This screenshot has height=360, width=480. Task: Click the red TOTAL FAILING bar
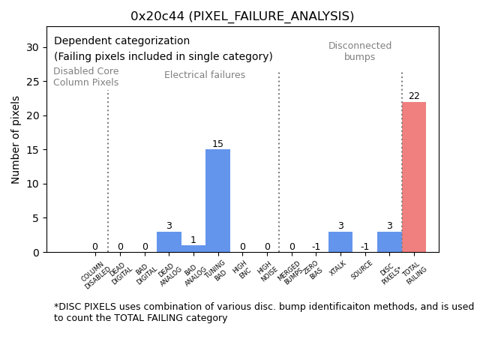pyautogui.click(x=414, y=177)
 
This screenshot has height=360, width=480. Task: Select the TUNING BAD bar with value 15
pyautogui.click(x=217, y=201)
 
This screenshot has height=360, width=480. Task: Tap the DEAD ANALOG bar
pyautogui.click(x=169, y=242)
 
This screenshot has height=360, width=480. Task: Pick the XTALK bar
pyautogui.click(x=340, y=242)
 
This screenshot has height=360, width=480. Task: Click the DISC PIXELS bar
pyautogui.click(x=389, y=242)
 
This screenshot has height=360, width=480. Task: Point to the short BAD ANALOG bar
pyautogui.click(x=193, y=249)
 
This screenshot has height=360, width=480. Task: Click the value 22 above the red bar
pyautogui.click(x=414, y=96)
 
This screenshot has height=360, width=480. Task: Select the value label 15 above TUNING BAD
pyautogui.click(x=217, y=144)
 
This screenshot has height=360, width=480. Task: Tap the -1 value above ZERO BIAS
pyautogui.click(x=316, y=247)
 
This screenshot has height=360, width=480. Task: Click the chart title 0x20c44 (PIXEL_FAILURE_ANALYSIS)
pyautogui.click(x=242, y=16)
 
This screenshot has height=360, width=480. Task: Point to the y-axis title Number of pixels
pyautogui.click(x=16, y=139)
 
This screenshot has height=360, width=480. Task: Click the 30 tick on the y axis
pyautogui.click(x=32, y=47)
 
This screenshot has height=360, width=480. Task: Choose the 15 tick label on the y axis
pyautogui.click(x=32, y=150)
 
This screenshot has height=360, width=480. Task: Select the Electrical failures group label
pyautogui.click(x=205, y=75)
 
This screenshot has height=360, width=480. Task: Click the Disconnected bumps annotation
pyautogui.click(x=360, y=52)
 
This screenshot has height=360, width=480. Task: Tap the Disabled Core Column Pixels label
pyautogui.click(x=85, y=77)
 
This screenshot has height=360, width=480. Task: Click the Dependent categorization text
pyautogui.click(x=121, y=41)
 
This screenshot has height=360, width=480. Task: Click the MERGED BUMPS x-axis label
pyautogui.click(x=291, y=274)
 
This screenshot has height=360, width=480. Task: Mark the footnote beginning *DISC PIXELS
pyautogui.click(x=263, y=312)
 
